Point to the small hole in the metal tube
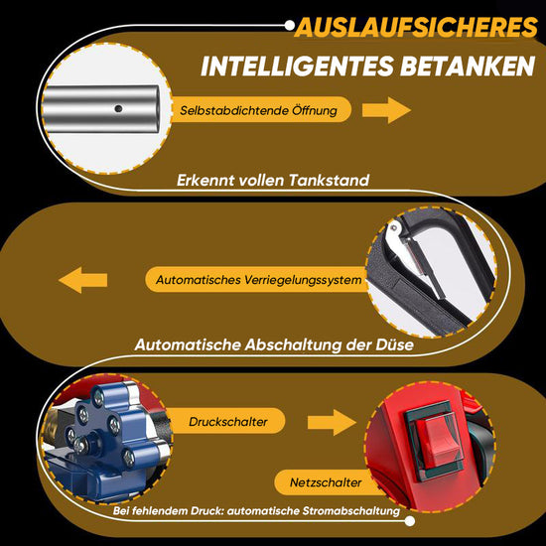pyautogui.click(x=118, y=107)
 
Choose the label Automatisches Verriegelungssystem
pyautogui.click(x=258, y=281)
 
